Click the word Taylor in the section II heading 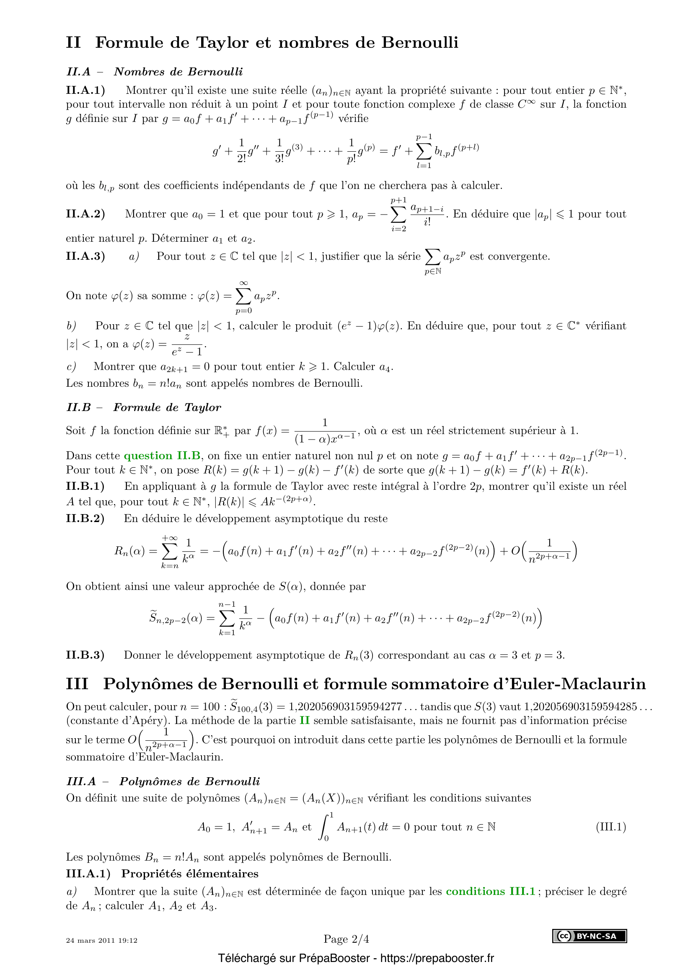point(222,43)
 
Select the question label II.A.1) point(85,91)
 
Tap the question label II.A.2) point(85,214)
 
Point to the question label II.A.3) point(85,256)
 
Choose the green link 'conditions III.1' point(490,891)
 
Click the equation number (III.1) point(610,827)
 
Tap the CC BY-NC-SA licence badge point(590,936)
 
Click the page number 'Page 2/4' point(346,939)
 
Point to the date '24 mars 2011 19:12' point(101,940)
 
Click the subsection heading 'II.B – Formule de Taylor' point(144,408)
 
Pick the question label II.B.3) point(85,655)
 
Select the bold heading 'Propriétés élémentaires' point(190,874)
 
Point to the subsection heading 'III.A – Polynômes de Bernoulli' point(163,781)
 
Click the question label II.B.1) point(85,486)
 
